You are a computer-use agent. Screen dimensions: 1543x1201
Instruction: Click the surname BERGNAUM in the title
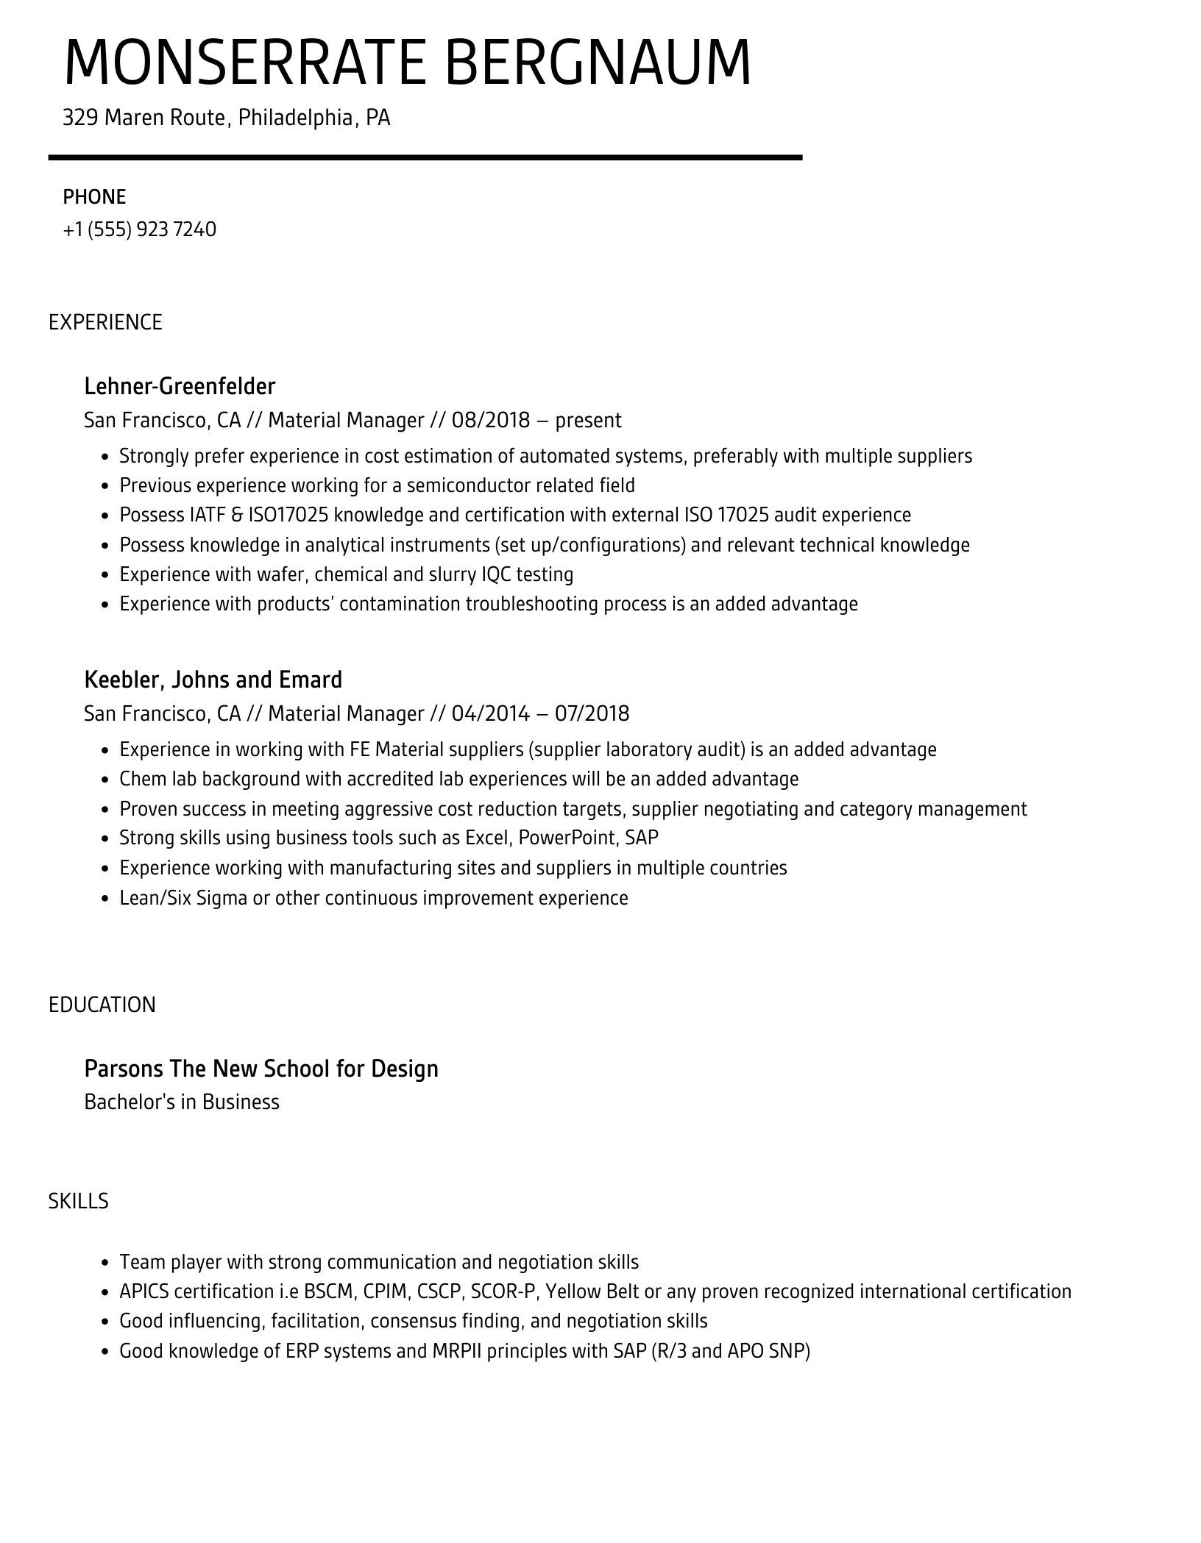[x=598, y=62]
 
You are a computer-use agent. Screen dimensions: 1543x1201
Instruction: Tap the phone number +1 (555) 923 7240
[x=140, y=229]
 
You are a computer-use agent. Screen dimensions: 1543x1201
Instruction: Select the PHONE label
[x=94, y=197]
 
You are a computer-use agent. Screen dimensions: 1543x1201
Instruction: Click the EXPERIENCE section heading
[x=105, y=322]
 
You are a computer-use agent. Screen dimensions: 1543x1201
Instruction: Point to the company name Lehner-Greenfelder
[x=180, y=386]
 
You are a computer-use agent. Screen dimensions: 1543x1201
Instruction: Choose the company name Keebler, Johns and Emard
[x=213, y=680]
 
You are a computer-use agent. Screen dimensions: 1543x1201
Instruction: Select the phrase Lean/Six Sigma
[x=183, y=898]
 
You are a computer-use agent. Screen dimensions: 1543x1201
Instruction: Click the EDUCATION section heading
[x=102, y=1005]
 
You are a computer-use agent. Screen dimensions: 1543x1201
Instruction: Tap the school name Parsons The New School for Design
[x=261, y=1069]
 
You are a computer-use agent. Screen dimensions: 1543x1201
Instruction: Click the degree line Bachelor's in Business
[x=182, y=1102]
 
